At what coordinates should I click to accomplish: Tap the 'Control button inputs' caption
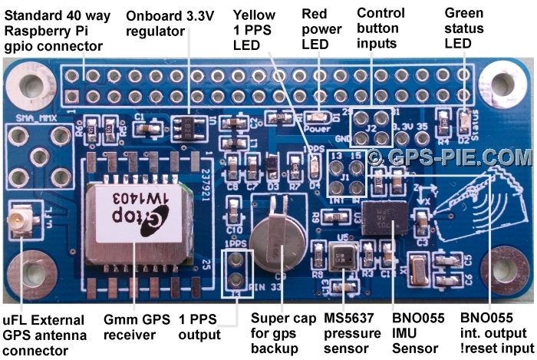point(381,28)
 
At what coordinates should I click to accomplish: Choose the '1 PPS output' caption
point(199,328)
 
